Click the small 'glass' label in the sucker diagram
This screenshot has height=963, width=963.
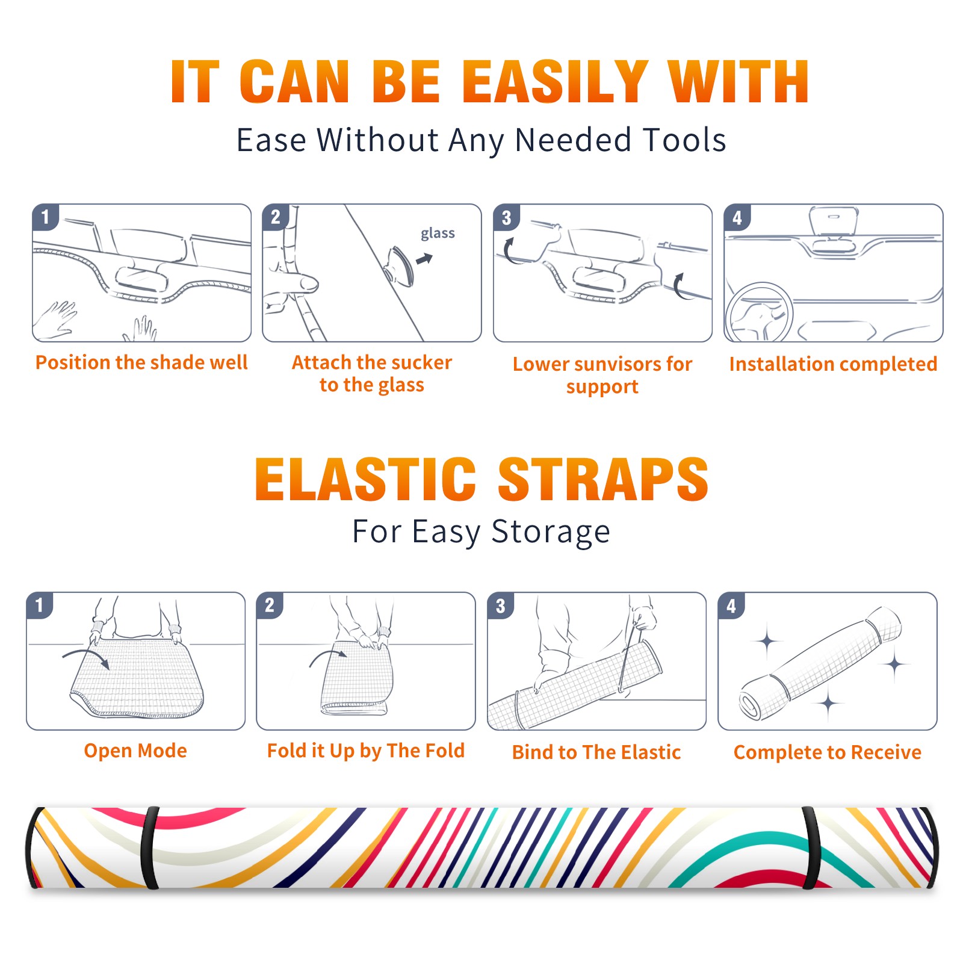[x=438, y=233]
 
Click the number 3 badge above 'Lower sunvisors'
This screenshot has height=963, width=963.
[x=506, y=217]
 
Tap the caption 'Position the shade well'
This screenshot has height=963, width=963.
[x=141, y=362]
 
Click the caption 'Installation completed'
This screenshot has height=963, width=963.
[x=833, y=364]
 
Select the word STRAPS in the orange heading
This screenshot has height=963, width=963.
[x=603, y=479]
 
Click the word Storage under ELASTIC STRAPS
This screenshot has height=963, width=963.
[x=551, y=532]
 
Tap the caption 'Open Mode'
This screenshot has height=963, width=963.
[x=135, y=751]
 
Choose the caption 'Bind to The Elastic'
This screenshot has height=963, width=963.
[x=596, y=752]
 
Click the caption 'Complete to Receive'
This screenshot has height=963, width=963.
[x=828, y=752]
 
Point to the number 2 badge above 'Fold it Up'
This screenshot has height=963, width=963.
[x=270, y=605]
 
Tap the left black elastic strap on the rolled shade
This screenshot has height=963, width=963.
[x=149, y=848]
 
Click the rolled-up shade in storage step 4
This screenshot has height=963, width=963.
[x=820, y=663]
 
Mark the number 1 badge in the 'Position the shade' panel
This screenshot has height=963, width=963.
[x=45, y=217]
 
